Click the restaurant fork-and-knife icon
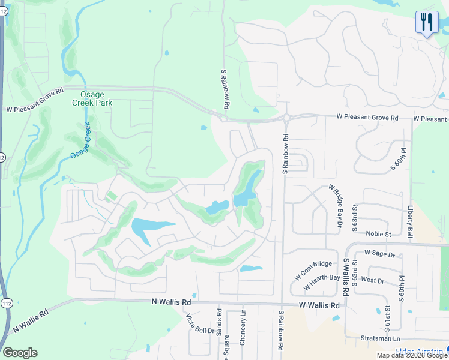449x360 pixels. pyautogui.click(x=427, y=23)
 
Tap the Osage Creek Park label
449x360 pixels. pyautogui.click(x=97, y=98)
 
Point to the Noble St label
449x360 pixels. pyautogui.click(x=378, y=234)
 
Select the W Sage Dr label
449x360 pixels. pyautogui.click(x=379, y=254)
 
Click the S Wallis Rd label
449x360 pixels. pyautogui.click(x=346, y=277)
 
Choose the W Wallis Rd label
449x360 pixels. pyautogui.click(x=319, y=305)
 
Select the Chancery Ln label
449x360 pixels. pyautogui.click(x=243, y=328)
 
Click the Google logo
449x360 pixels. pyautogui.click(x=20, y=353)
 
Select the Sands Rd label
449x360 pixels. pyautogui.click(x=219, y=322)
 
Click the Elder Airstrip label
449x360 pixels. pyautogui.click(x=420, y=351)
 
